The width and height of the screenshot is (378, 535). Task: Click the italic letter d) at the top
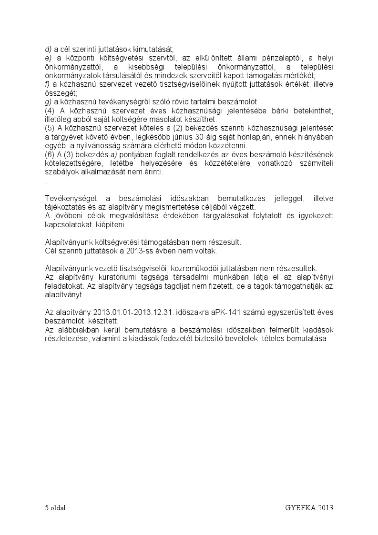[48, 49]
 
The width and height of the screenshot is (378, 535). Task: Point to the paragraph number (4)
[50, 111]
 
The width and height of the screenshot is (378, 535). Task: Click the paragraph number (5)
[50, 129]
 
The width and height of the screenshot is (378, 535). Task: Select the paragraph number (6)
[50, 155]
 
